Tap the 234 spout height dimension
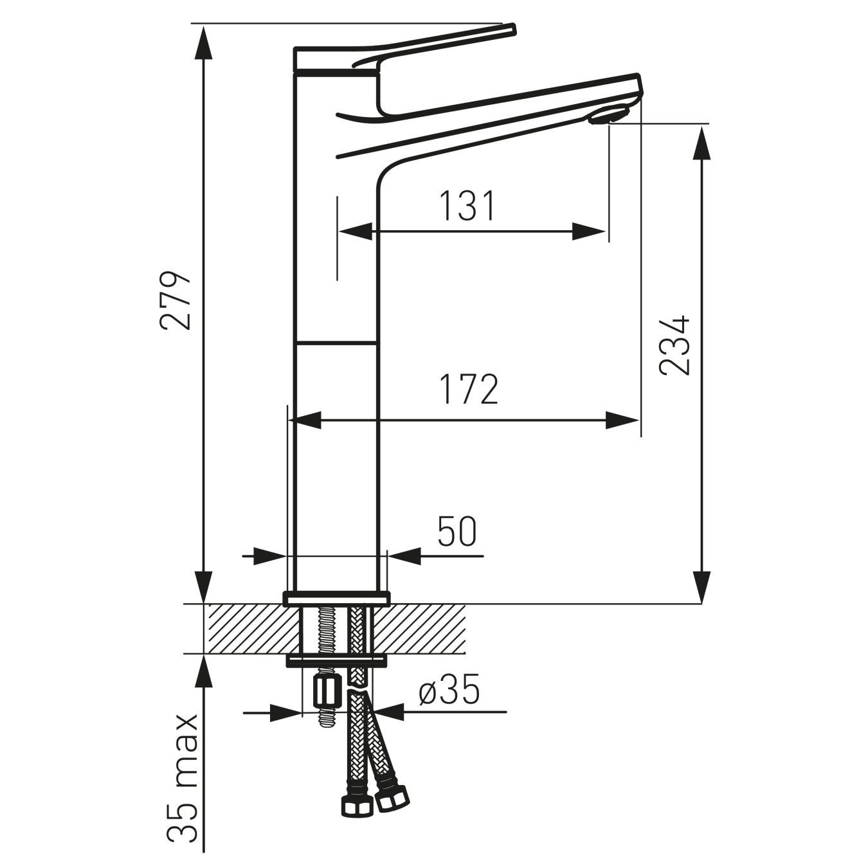point(674,345)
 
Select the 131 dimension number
point(467,206)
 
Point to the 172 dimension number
point(469,390)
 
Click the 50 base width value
point(457,532)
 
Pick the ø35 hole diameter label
point(449,692)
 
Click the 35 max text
point(182,786)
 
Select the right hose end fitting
point(392,800)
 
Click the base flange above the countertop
point(336,599)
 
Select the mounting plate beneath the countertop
point(336,660)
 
